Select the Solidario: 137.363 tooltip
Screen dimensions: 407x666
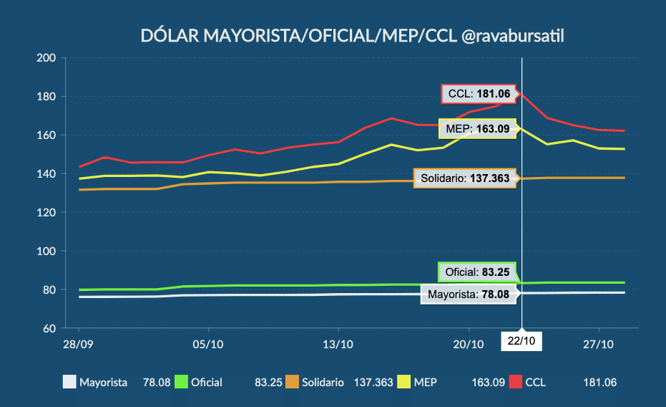pos(466,179)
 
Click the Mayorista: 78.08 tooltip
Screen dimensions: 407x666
pos(468,294)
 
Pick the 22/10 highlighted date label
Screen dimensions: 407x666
pos(521,341)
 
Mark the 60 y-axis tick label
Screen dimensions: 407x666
pos(49,329)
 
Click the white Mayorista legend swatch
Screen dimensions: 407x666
pos(69,383)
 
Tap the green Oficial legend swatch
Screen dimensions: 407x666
pos(180,383)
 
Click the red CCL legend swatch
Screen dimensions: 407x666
pos(515,383)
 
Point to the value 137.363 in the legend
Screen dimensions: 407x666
pos(373,383)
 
